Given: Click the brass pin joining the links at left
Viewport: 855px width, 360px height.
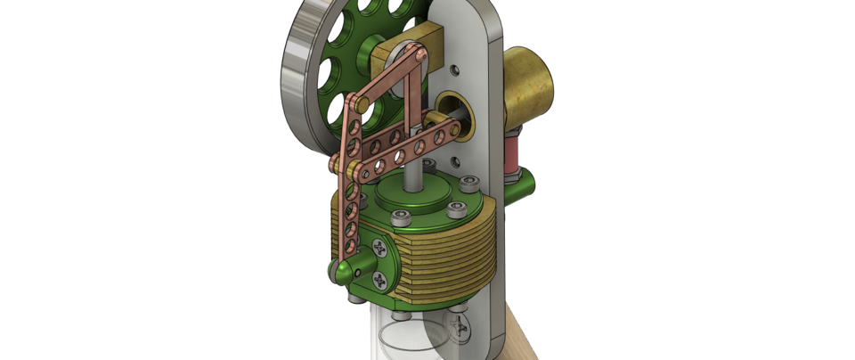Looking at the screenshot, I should (338, 164).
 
